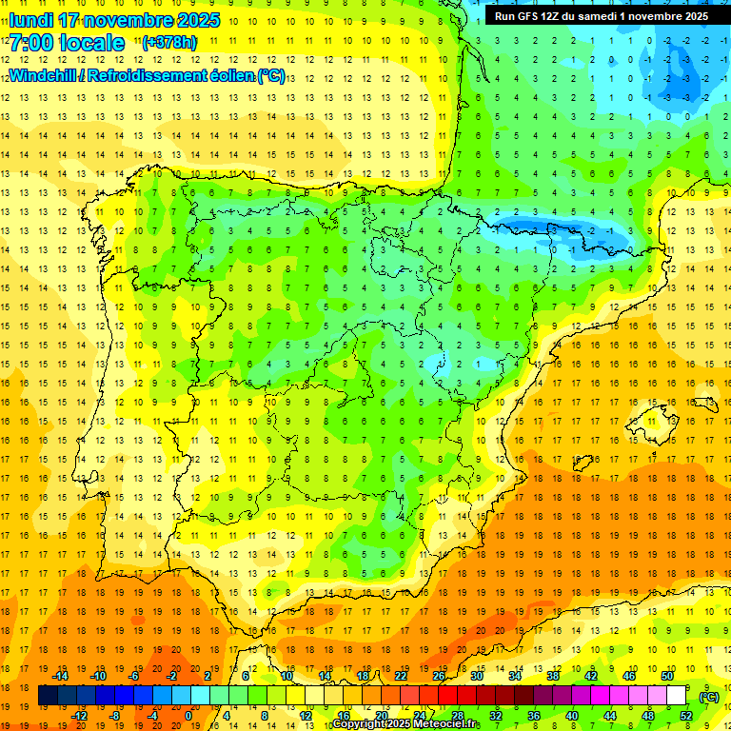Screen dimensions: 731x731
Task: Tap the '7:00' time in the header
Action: click(32, 43)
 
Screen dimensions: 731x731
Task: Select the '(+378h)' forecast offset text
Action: click(168, 43)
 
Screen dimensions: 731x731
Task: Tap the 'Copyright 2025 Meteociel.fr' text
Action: click(406, 724)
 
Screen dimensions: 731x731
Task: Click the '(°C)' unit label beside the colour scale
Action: click(708, 697)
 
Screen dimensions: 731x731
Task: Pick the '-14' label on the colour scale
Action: click(60, 676)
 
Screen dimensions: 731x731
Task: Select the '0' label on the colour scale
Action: click(188, 716)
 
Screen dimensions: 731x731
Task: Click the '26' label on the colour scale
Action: click(439, 676)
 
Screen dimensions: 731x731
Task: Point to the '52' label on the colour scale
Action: click(686, 716)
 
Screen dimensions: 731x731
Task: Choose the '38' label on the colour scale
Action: click(552, 676)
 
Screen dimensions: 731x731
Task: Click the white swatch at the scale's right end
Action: click(677, 696)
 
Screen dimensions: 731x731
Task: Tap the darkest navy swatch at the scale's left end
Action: click(48, 696)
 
